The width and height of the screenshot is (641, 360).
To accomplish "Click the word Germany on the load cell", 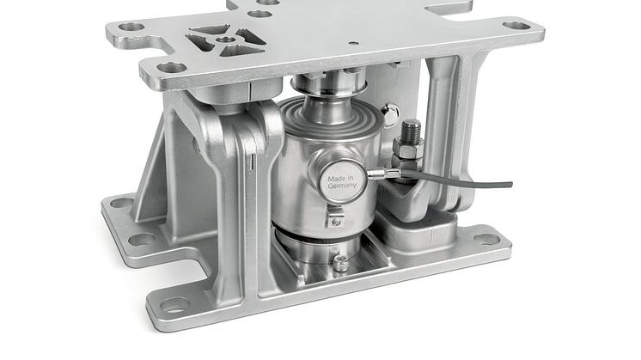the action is coord(342,185).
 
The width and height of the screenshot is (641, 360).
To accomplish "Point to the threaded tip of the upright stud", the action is coord(411,129).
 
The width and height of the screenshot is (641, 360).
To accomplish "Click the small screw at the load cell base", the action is coord(341,262).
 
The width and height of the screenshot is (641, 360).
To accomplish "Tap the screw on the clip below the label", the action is coord(335,222).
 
